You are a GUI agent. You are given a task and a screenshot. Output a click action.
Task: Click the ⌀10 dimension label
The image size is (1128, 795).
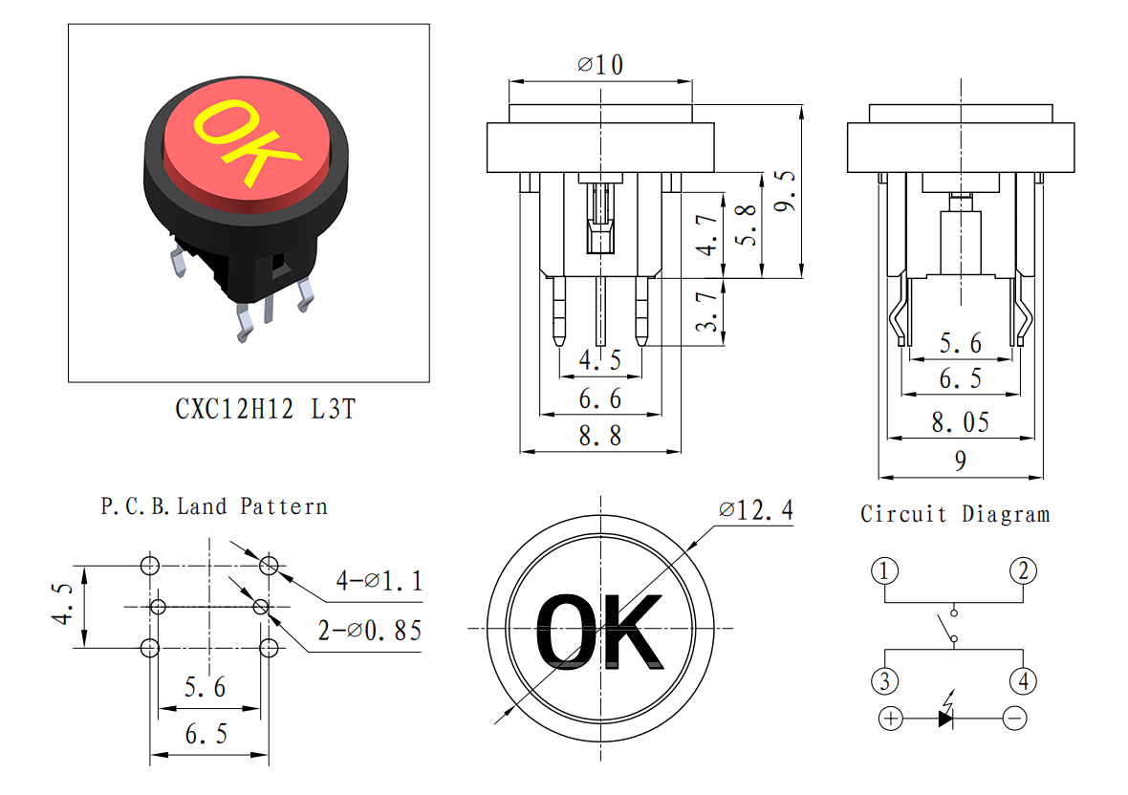600,65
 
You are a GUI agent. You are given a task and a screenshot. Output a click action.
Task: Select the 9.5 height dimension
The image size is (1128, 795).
785,191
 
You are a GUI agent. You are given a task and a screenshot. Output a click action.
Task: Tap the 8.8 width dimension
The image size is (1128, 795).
600,436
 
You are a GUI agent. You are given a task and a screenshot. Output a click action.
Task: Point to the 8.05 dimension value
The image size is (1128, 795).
961,422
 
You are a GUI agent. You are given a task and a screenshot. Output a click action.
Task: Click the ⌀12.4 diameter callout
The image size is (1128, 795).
755,509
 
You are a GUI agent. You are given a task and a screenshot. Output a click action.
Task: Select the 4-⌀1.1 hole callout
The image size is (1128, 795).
380,580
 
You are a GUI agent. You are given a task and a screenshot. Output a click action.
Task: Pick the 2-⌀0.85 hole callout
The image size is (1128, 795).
370,631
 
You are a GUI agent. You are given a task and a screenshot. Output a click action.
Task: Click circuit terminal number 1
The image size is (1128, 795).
884,570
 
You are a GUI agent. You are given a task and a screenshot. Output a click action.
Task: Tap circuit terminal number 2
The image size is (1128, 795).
1023,570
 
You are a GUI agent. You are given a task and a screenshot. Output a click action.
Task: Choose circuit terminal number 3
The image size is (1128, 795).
884,680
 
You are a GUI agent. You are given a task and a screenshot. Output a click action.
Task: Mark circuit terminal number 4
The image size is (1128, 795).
1023,680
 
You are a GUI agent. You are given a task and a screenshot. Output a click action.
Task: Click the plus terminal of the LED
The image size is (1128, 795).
891,719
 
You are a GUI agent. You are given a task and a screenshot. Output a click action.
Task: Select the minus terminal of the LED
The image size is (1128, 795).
1014,719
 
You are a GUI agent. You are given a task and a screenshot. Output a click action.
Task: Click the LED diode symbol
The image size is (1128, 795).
946,712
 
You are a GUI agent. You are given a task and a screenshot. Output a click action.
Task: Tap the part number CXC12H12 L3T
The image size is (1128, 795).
266,409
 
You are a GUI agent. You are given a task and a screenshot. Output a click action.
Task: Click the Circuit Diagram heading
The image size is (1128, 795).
955,514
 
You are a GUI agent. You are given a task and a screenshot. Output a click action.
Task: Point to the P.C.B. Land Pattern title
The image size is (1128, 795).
214,506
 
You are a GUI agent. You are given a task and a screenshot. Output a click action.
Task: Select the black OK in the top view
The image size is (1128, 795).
599,632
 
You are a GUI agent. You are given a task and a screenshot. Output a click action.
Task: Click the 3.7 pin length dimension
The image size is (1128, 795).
707,312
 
